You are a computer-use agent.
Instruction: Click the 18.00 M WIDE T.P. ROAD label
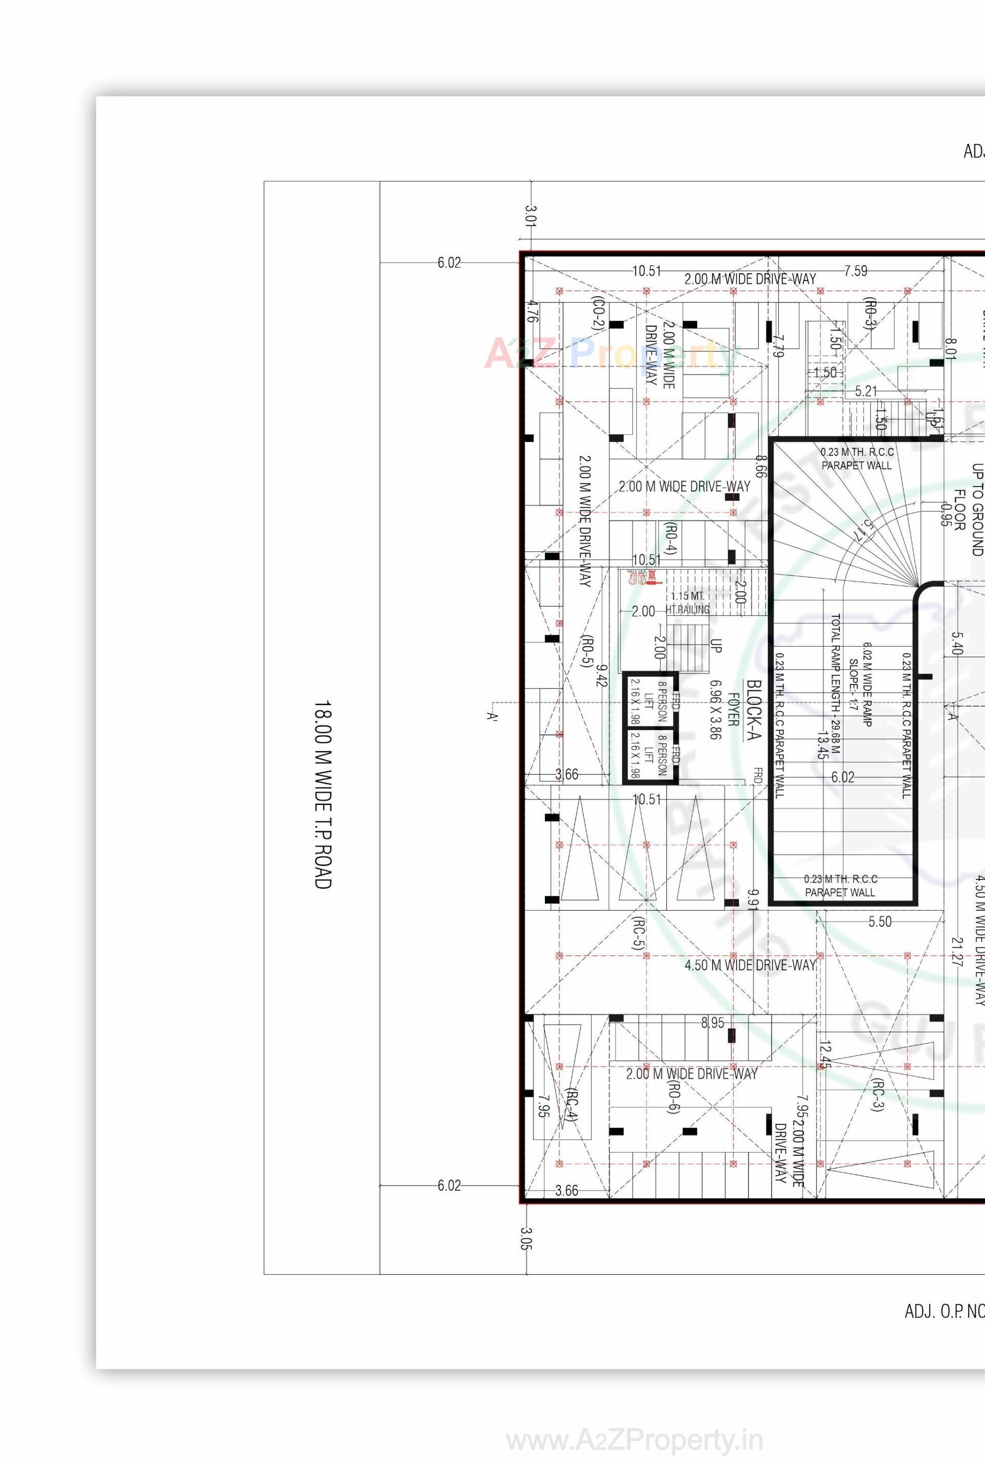pyautogui.click(x=322, y=794)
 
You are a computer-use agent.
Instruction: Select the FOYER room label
pyautogui.click(x=733, y=710)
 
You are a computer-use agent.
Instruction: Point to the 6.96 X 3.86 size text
pyautogui.click(x=715, y=710)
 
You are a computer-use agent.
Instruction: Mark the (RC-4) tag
pyautogui.click(x=570, y=1105)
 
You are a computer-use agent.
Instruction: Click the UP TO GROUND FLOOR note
pyautogui.click(x=968, y=509)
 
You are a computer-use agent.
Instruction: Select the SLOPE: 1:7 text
pyautogui.click(x=853, y=685)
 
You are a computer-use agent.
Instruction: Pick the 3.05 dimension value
pyautogui.click(x=526, y=1239)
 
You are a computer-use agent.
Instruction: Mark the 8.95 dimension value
pyautogui.click(x=713, y=1022)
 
